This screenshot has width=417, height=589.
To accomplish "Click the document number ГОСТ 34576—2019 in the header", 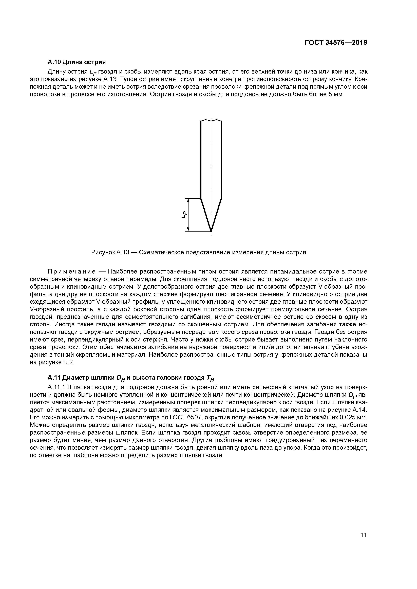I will click(x=336, y=43).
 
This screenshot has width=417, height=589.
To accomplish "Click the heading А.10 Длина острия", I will click(x=77, y=62).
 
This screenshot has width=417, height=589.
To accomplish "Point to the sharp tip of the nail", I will click(x=211, y=231).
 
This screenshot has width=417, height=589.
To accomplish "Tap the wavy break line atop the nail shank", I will click(x=211, y=121).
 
